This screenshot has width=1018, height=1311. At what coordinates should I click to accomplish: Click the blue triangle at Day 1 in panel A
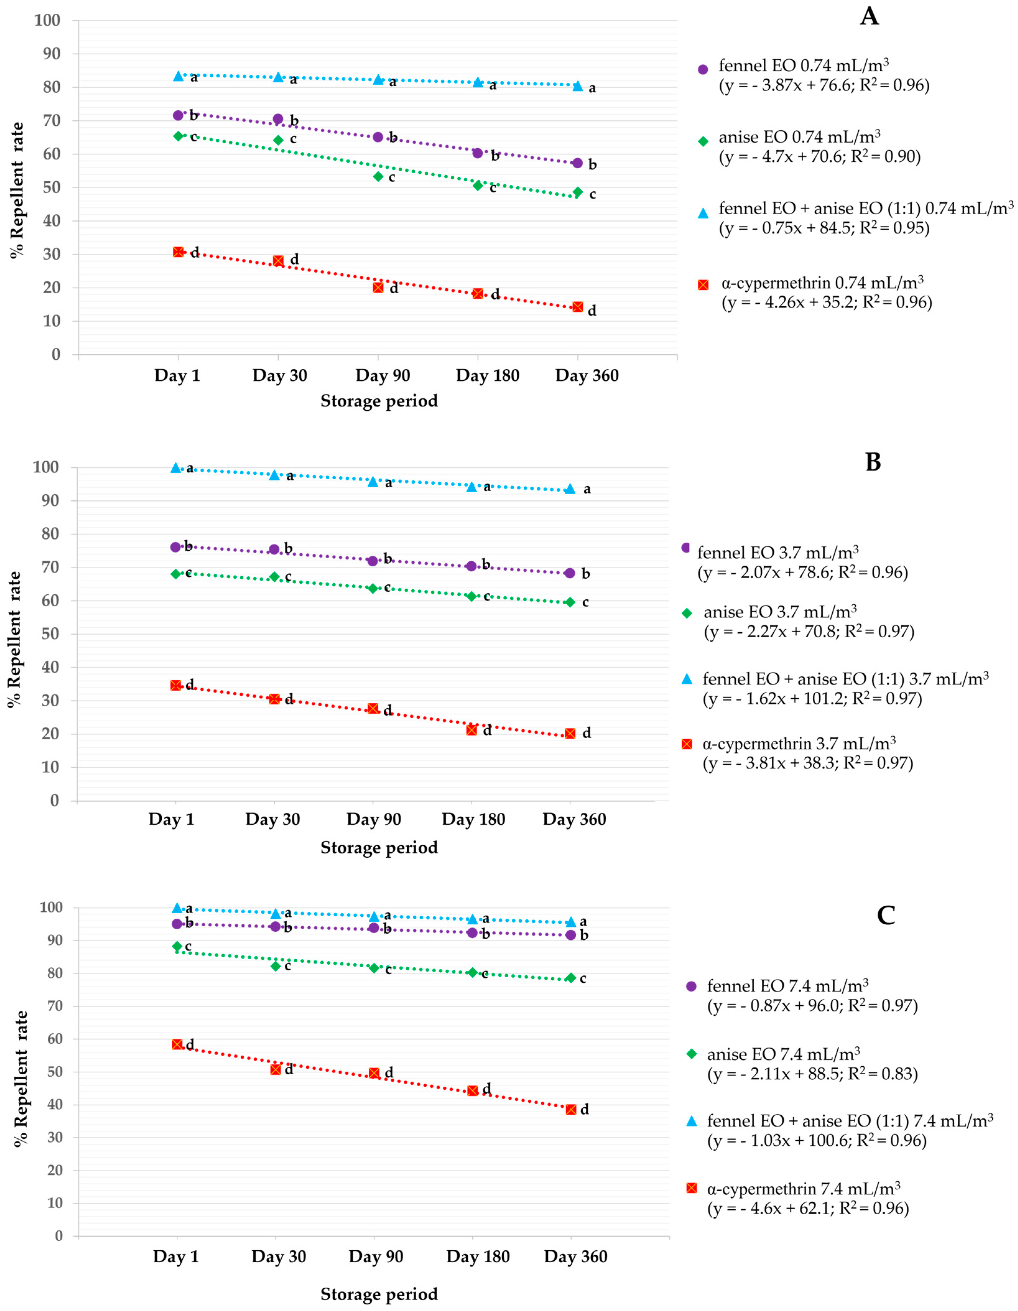coord(178,76)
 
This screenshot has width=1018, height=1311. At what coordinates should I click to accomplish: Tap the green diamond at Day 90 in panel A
coord(378,176)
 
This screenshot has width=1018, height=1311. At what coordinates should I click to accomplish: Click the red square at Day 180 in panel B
coord(472,730)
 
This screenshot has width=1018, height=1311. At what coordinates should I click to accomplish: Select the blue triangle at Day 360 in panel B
coord(570,489)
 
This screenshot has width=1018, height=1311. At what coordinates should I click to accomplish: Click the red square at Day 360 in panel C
coord(571,1109)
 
